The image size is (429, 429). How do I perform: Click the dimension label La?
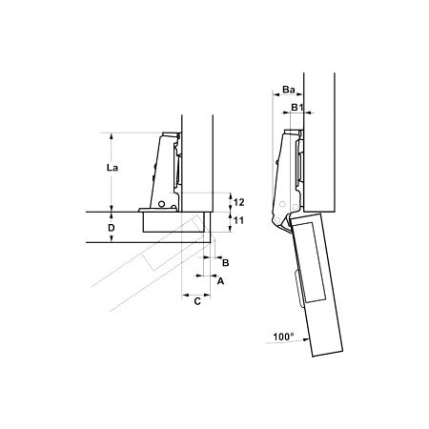pos(112,167)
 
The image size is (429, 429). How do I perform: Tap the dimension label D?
pos(112,228)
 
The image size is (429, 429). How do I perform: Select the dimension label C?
pos(197,301)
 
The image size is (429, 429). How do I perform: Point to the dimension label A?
pos(220,281)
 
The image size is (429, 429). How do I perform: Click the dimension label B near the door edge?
pos(225,263)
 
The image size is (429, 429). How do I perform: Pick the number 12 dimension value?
pos(238,202)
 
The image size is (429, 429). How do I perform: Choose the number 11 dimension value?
pos(238,220)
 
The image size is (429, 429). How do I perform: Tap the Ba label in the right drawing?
pos(289,90)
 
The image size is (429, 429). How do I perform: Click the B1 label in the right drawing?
pos(296,108)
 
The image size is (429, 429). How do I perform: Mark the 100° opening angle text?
pos(283,337)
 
